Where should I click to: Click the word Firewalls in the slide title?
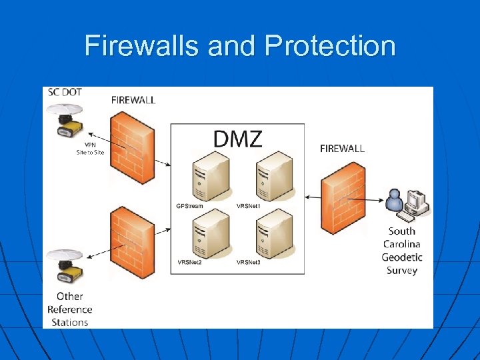pos(142,46)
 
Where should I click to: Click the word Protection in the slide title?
pos(329,46)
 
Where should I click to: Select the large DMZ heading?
pos(237,139)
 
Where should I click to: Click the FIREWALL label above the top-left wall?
pos(133,100)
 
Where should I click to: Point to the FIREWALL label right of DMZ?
pos(342,148)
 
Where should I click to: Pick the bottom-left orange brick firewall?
pos(131,241)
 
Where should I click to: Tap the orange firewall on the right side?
pos(343,198)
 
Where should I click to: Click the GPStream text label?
pos(191,206)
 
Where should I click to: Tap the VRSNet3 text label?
pos(248,263)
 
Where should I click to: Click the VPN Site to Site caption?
pos(90,148)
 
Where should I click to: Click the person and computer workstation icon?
pos(407,205)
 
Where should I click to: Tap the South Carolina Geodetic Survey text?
pos(401,251)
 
